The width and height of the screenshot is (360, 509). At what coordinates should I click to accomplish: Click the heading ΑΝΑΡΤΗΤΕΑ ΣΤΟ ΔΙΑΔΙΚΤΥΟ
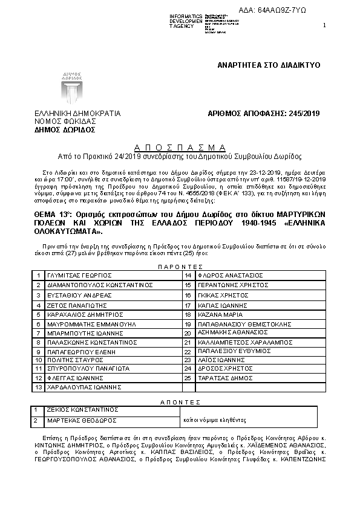(x=269, y=65)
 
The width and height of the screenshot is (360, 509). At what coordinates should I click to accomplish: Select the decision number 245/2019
(x=263, y=113)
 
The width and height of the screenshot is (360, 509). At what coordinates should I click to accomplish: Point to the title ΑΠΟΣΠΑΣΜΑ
(x=180, y=147)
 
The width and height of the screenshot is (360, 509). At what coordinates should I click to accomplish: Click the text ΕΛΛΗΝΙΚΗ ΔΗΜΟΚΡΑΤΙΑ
(x=77, y=113)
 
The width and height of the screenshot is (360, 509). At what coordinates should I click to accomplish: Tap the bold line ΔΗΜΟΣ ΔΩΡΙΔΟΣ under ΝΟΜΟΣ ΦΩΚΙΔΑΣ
(x=65, y=129)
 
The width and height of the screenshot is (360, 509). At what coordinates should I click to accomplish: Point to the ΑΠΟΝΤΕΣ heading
(x=180, y=401)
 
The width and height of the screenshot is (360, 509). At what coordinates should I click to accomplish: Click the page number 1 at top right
(x=324, y=25)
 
